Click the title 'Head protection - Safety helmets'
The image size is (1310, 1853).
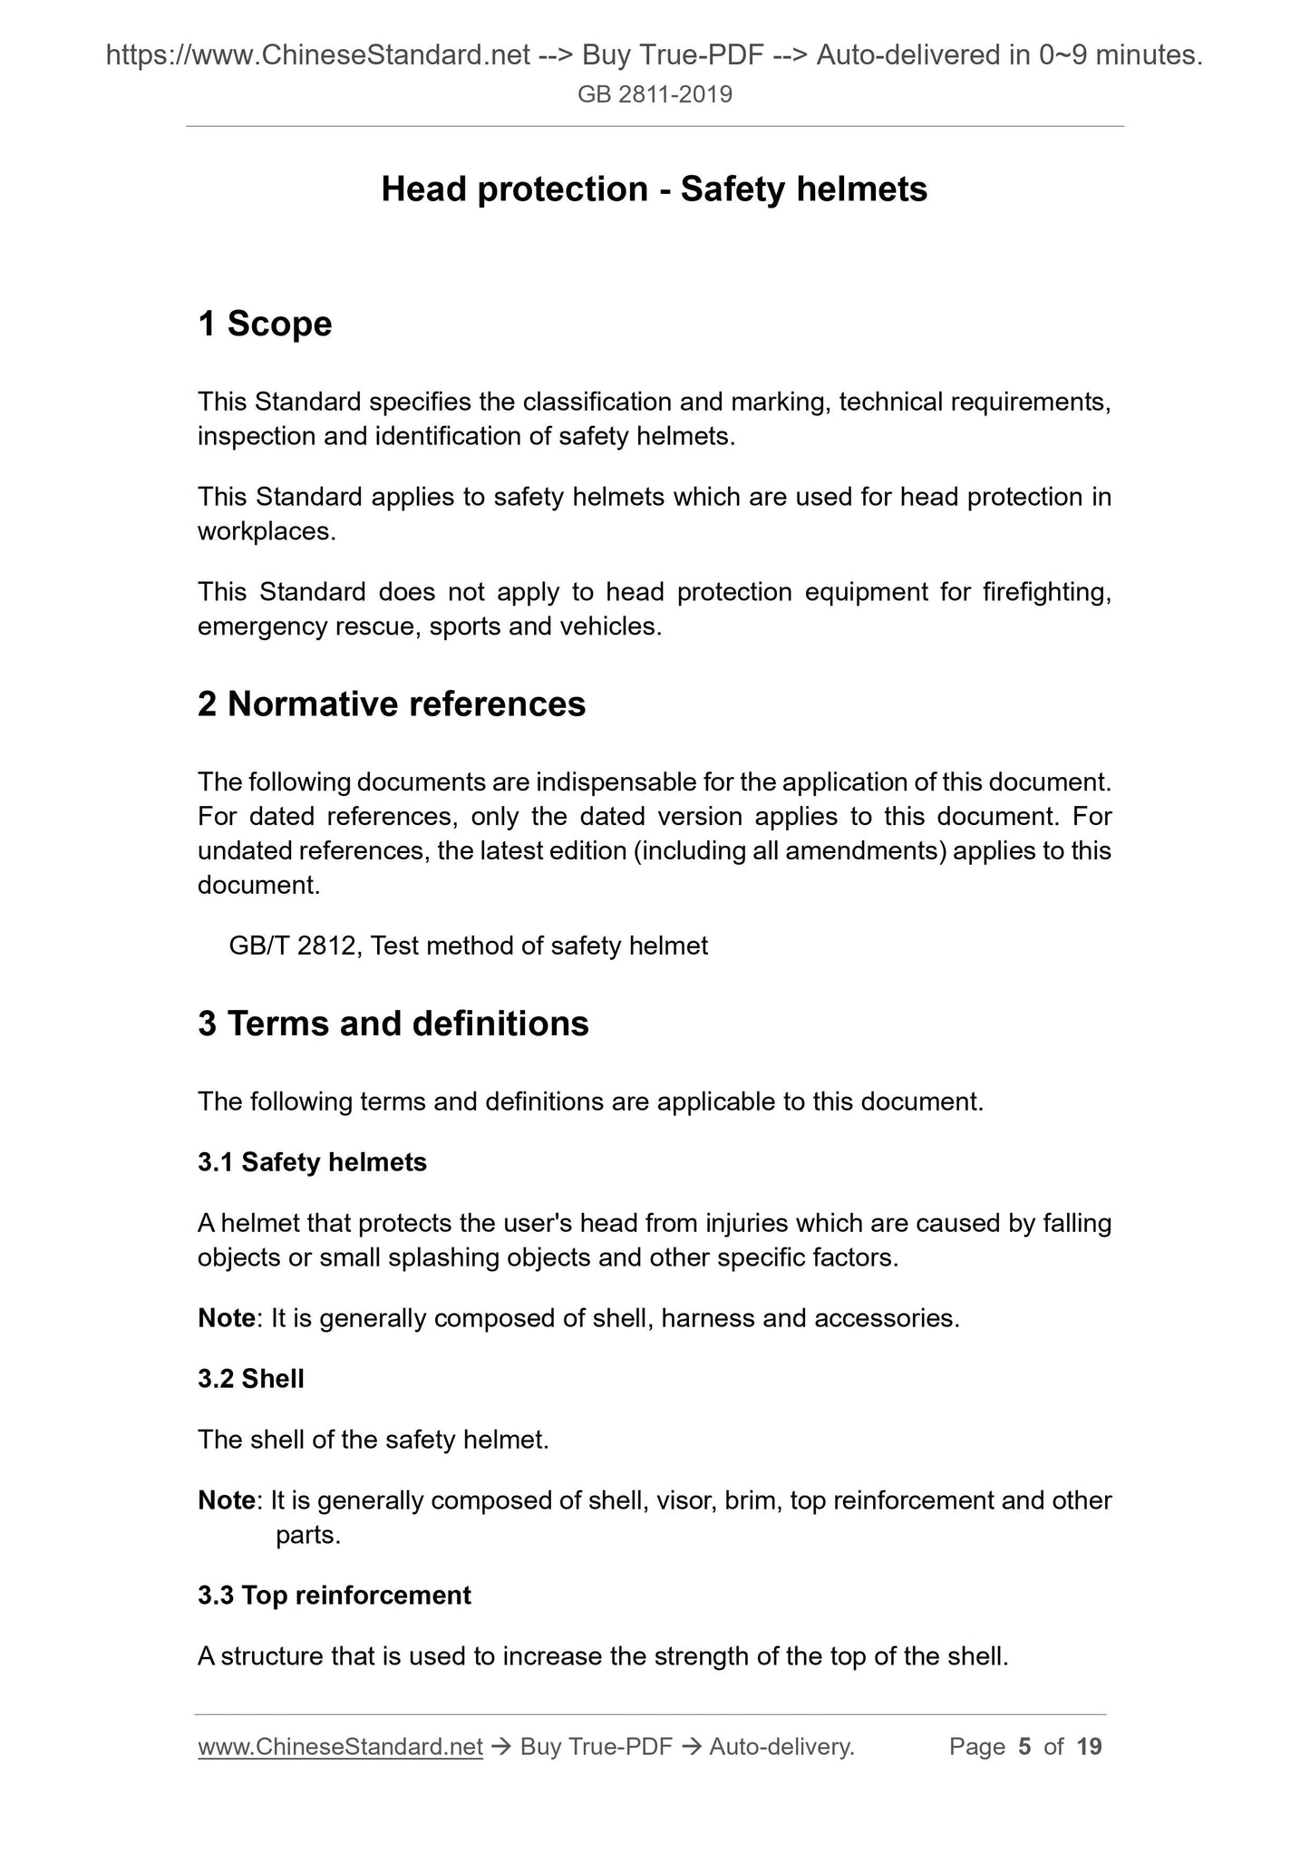point(654,189)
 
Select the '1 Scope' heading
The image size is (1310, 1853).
point(265,324)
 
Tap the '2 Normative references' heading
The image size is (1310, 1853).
point(392,704)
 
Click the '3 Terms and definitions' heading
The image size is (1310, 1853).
point(393,1024)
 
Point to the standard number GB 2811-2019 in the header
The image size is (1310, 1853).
point(655,94)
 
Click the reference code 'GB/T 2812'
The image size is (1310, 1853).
point(292,946)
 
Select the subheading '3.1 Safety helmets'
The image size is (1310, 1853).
point(312,1162)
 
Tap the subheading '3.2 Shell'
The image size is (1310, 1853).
point(251,1379)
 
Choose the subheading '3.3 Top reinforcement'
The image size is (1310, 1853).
point(335,1596)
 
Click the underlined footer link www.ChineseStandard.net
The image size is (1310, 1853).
point(340,1747)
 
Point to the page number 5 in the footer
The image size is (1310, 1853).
point(1024,1747)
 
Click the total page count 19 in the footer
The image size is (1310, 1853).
point(1089,1747)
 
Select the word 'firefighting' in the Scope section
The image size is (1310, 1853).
point(1046,593)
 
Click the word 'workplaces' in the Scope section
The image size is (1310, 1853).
point(266,532)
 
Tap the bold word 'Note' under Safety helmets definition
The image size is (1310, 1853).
point(226,1318)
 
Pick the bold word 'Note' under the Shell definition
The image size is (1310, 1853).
point(226,1501)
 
